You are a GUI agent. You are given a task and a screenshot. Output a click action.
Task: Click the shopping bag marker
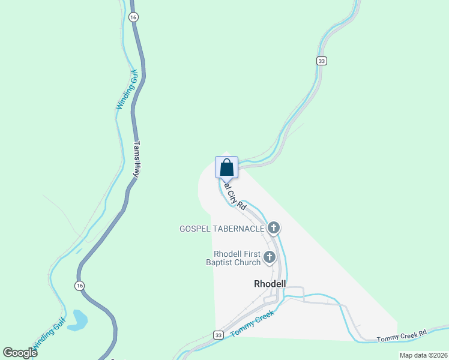click(x=226, y=167)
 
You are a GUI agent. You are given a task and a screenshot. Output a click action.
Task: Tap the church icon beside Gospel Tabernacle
click(x=274, y=228)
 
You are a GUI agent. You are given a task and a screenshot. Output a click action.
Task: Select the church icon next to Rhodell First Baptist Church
click(x=270, y=258)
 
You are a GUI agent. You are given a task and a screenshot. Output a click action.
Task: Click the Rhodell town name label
click(x=270, y=283)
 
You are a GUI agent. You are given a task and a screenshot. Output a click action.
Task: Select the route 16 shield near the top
click(x=133, y=17)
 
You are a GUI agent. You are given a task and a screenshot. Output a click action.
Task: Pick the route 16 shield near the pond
click(x=79, y=286)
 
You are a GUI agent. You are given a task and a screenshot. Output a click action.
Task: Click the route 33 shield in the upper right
click(x=322, y=61)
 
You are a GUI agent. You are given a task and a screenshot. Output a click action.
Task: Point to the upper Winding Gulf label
click(x=127, y=90)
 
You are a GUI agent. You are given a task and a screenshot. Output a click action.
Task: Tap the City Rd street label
click(x=235, y=197)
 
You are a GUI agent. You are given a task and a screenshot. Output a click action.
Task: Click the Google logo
click(x=20, y=353)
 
